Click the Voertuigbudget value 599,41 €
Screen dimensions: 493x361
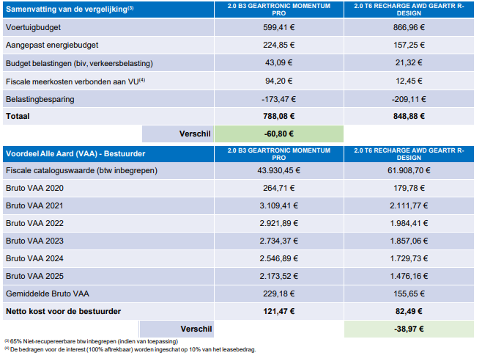(x=279, y=27)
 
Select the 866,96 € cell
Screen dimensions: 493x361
(x=409, y=27)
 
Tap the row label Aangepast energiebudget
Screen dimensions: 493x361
(x=52, y=45)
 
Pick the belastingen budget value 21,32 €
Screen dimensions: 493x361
(x=409, y=62)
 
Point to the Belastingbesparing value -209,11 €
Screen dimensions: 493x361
(x=409, y=99)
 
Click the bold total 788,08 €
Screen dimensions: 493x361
(x=279, y=116)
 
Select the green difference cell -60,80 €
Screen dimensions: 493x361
(x=279, y=134)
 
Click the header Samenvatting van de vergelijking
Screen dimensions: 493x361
(x=70, y=9)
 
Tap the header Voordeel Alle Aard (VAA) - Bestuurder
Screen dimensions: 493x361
(x=75, y=154)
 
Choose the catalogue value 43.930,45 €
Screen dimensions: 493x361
(x=279, y=170)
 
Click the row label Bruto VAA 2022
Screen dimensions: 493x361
(x=34, y=223)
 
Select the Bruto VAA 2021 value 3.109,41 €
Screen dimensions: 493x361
(x=279, y=205)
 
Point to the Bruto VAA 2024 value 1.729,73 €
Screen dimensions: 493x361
(x=409, y=258)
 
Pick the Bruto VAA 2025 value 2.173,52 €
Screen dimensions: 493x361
(x=279, y=277)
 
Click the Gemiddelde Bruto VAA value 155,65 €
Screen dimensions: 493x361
(x=409, y=294)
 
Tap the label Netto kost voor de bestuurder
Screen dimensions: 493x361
(x=63, y=312)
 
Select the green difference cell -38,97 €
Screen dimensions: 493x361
(x=409, y=329)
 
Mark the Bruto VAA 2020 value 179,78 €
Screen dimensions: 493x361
(x=409, y=188)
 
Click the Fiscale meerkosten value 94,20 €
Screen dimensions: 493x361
(x=279, y=81)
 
